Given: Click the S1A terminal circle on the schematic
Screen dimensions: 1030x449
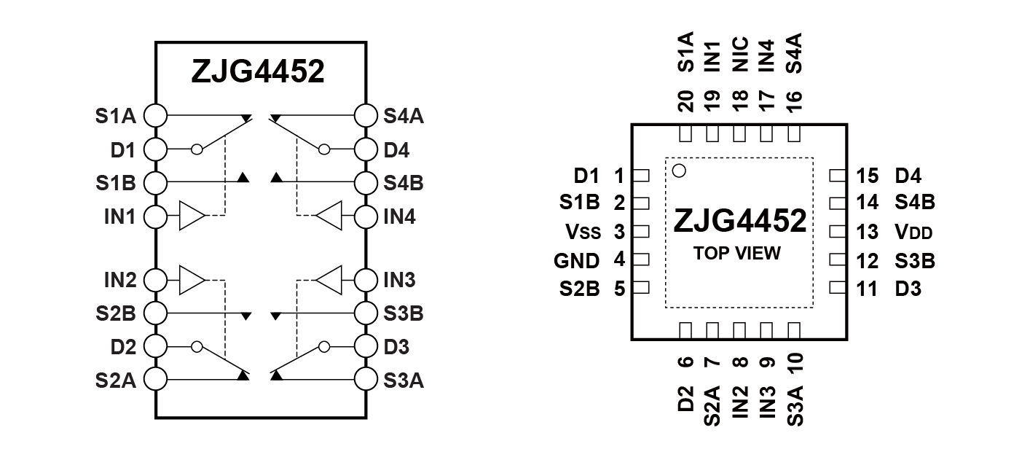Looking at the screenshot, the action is [155, 115].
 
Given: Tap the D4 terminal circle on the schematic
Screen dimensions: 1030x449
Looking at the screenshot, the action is [366, 149].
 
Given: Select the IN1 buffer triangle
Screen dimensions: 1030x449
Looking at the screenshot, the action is [192, 215].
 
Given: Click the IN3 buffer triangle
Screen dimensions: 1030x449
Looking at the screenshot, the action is [329, 280].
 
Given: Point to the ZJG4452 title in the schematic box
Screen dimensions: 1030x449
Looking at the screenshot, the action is [258, 71].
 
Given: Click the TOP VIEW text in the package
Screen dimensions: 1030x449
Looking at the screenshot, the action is [737, 253].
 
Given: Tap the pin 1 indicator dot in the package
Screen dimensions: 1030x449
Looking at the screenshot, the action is [679, 171].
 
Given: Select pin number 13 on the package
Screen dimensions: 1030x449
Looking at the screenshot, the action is [868, 232].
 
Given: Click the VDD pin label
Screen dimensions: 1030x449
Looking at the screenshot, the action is [913, 232].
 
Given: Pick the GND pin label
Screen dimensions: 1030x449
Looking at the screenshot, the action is [577, 261].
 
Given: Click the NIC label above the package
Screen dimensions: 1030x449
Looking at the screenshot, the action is [740, 55].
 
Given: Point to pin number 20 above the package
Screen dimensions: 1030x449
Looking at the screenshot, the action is [685, 101].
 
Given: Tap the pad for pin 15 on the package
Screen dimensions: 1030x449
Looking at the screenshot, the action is [838, 175].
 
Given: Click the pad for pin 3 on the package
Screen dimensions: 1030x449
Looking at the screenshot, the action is [641, 231].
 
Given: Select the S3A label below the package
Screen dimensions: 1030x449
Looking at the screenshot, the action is [795, 406].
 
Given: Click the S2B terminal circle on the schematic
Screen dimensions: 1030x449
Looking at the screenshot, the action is [155, 313].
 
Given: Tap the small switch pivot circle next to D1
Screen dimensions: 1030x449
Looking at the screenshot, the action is [197, 149].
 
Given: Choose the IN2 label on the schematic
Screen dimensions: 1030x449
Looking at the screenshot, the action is [120, 280].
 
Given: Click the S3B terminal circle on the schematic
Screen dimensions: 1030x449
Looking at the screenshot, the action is [366, 313].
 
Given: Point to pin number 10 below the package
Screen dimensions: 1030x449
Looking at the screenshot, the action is [795, 362].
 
